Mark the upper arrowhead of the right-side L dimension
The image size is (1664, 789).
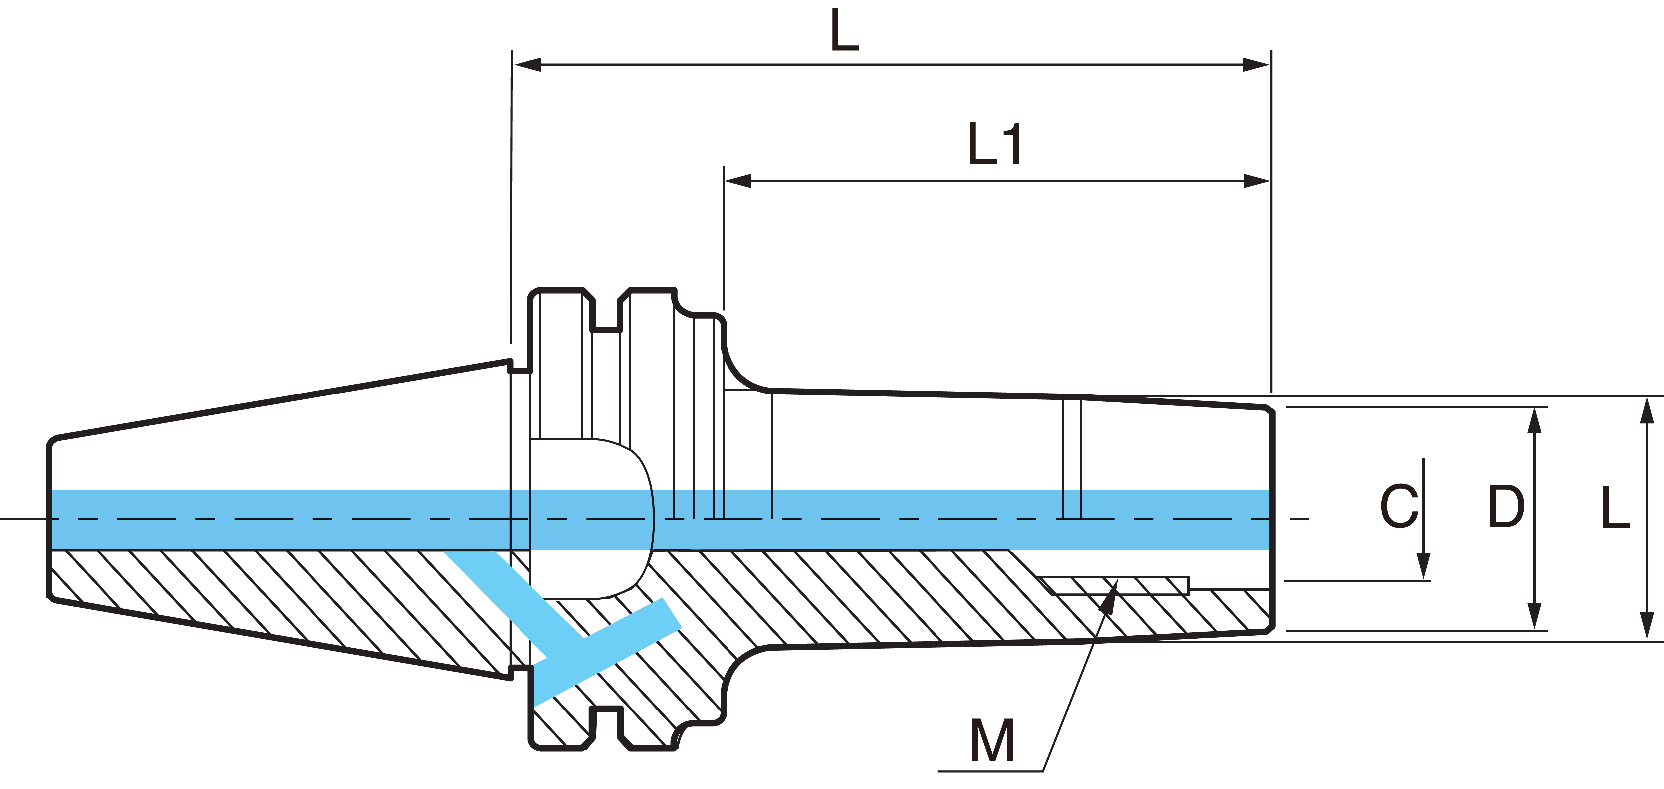click(x=1647, y=411)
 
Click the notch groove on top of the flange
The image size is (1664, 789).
click(x=606, y=316)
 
